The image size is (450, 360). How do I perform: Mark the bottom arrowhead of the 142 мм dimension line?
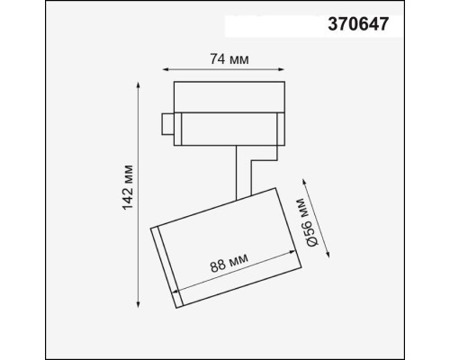point(138,304)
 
